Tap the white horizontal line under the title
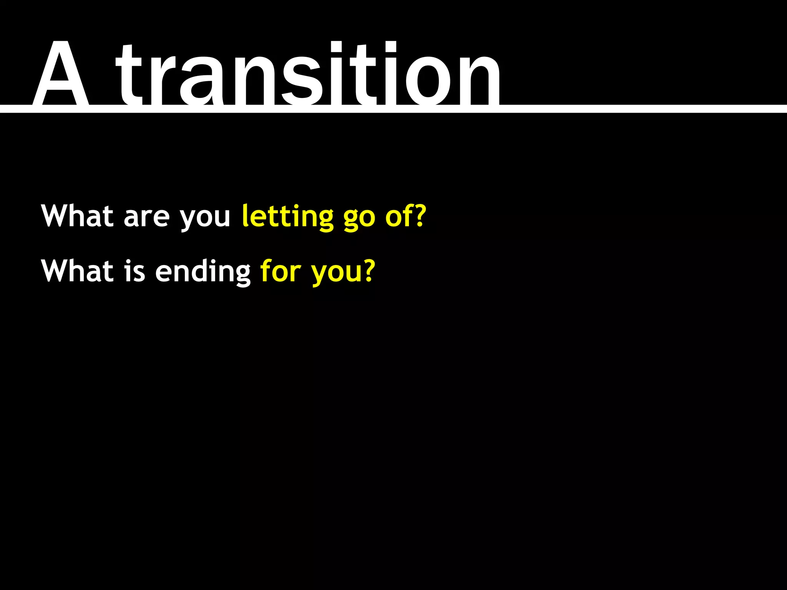[634, 109]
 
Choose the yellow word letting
[287, 217]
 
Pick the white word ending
[203, 272]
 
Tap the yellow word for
[281, 271]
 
